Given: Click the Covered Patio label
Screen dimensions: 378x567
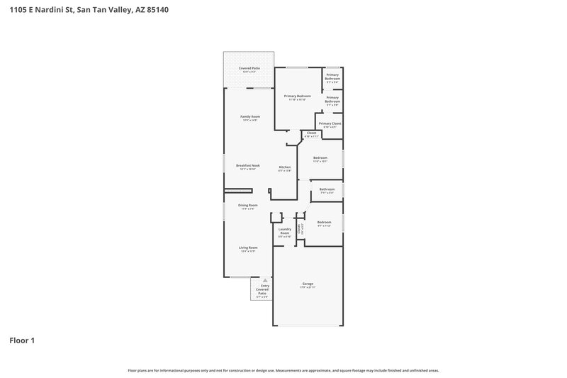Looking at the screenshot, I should [x=249, y=68].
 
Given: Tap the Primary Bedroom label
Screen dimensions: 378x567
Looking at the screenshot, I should [x=298, y=96].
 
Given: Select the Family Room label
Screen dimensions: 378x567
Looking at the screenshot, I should [x=249, y=116].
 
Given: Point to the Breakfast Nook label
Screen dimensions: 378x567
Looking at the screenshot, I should [x=248, y=165].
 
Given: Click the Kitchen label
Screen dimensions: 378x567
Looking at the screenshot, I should [x=284, y=167].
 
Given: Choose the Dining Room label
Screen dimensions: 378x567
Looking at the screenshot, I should [x=247, y=205].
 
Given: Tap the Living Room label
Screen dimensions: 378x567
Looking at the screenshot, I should [x=247, y=248].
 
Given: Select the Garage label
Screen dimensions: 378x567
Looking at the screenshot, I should [x=308, y=284].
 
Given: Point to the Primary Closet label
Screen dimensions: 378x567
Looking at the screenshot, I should [x=330, y=123].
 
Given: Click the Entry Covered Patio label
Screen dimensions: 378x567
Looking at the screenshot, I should [x=262, y=289].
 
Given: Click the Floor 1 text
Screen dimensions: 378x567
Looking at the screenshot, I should [x=22, y=340].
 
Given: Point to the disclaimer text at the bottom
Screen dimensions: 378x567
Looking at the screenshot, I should [x=283, y=370].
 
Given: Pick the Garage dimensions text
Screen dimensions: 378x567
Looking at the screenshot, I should [x=308, y=287].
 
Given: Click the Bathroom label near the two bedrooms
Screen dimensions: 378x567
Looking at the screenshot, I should [x=327, y=189].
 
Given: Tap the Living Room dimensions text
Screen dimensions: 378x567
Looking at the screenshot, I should [x=247, y=251].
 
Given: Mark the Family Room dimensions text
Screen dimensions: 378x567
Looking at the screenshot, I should [x=249, y=120].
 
